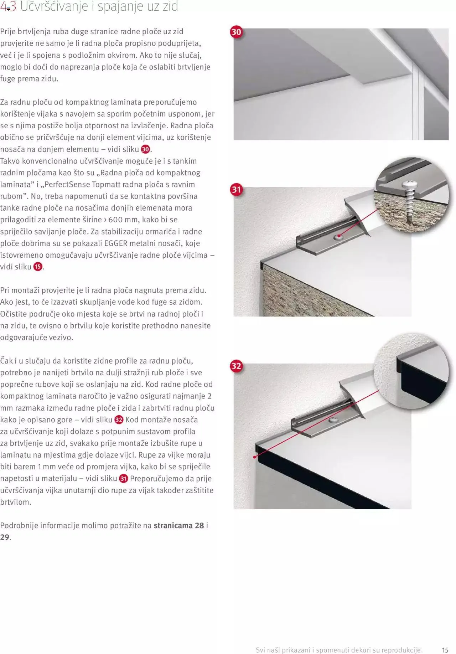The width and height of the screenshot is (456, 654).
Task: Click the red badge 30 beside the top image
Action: click(x=236, y=32)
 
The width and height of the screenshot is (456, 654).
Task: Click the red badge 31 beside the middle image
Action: click(x=236, y=190)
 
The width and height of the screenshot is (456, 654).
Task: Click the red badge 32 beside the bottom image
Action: click(x=236, y=366)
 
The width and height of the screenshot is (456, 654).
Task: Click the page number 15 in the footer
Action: click(x=445, y=650)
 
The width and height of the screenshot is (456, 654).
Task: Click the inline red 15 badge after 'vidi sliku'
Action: click(x=38, y=267)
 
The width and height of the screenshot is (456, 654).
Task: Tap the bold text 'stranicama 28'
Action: click(x=179, y=525)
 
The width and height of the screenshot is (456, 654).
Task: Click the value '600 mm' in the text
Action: click(x=123, y=220)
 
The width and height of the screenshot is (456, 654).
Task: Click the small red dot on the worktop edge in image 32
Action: click(x=255, y=457)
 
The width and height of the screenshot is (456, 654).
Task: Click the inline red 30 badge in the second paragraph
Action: click(x=145, y=149)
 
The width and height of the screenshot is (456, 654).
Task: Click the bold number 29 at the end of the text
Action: click(x=5, y=537)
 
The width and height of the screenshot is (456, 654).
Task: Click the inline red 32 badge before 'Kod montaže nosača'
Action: click(x=119, y=420)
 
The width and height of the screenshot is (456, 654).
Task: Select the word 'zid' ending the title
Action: click(x=170, y=7)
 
